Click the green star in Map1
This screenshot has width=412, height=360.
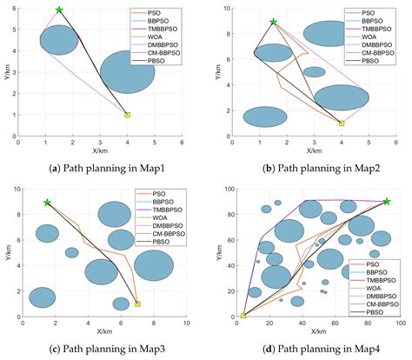pos(59,10)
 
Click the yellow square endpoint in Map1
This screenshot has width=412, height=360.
pos(128,114)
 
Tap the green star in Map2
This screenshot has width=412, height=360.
pos(273,22)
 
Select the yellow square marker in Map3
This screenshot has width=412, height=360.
pos(138,304)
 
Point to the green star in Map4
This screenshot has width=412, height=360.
pos(387,201)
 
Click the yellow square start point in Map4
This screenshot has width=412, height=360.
pos(243,316)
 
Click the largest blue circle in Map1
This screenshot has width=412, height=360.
pos(128,72)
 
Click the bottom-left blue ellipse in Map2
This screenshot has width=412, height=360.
pos(265,117)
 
